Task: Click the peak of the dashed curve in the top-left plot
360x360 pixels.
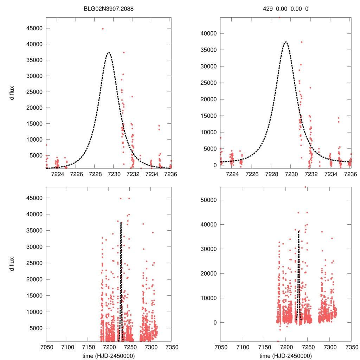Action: [x=109, y=52]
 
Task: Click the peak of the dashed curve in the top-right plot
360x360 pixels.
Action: [x=285, y=42]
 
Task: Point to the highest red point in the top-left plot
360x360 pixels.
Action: [x=103, y=29]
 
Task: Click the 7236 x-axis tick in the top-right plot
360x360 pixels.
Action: [x=350, y=174]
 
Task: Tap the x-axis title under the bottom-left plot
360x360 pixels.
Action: [x=109, y=355]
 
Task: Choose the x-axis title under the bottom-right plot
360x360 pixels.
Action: [x=285, y=355]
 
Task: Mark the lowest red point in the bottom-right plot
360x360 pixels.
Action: [x=278, y=341]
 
